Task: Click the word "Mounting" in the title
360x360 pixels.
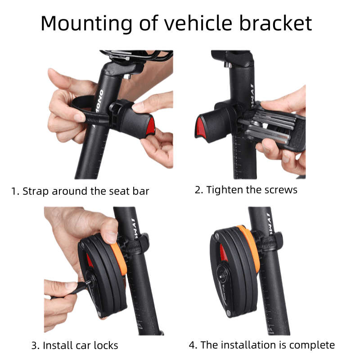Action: [86, 24]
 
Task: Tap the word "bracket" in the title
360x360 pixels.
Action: [275, 23]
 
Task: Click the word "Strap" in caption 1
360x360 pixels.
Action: [36, 192]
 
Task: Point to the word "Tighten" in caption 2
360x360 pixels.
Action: [224, 190]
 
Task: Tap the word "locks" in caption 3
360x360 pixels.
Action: [106, 345]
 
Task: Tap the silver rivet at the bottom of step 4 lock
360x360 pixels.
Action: [229, 312]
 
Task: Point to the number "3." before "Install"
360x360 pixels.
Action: [36, 346]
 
